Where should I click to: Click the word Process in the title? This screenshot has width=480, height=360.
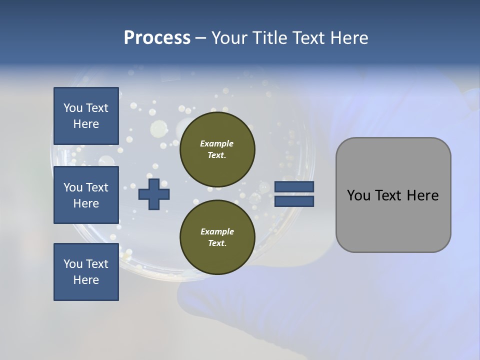coord(157,38)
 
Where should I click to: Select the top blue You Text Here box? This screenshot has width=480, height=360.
coord(86,116)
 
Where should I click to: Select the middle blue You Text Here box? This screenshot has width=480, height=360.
coord(86,195)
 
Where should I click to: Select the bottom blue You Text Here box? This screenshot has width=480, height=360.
coord(86,272)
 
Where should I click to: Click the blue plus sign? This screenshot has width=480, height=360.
coord(154,194)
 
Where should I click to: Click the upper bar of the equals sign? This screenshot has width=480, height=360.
coord(294,187)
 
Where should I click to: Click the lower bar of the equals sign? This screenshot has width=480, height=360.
coord(294,201)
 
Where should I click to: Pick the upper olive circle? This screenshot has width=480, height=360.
coord(217,149)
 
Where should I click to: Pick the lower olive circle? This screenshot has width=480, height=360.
coord(217,237)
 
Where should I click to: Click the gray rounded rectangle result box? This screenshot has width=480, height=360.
coord(393,195)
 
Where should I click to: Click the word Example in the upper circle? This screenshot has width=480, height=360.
coord(216,143)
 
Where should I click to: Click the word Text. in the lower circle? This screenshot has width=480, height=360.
coord(217,243)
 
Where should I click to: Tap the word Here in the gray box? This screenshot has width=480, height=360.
coord(422,195)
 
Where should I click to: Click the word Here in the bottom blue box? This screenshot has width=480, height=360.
coord(86,280)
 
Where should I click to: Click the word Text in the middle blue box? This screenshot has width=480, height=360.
coord(97,187)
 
